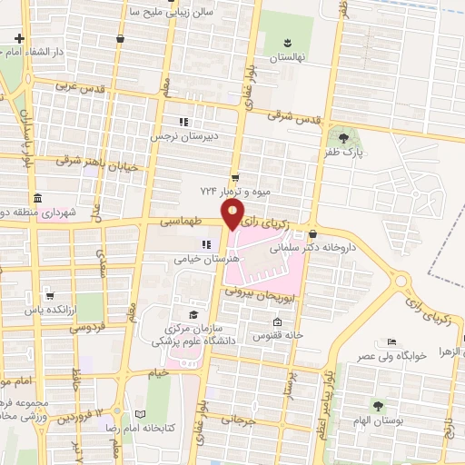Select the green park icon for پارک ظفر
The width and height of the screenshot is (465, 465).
tap(343, 136)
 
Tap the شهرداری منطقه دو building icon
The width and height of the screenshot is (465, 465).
tap(36, 199)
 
